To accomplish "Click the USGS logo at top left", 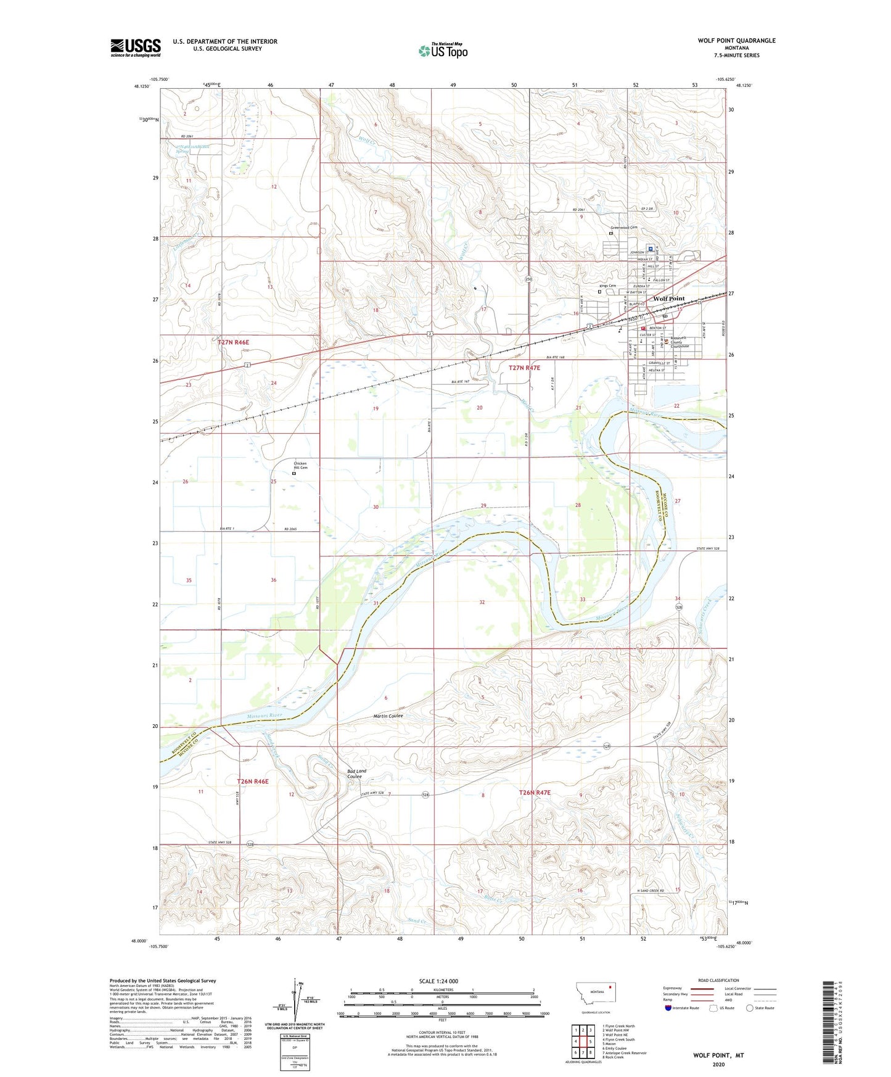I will (135, 47).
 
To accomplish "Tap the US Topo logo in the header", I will (443, 51).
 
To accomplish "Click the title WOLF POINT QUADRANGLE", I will (736, 41).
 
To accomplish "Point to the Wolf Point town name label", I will (669, 299).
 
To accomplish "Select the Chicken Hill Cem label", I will (300, 466).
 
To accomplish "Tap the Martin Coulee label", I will (388, 716).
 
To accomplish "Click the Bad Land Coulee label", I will (356, 774).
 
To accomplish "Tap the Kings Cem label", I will (608, 286).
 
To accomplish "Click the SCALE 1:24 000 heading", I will (438, 981).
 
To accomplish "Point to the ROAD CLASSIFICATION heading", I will (718, 980).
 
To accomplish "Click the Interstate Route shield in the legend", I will (669, 1008).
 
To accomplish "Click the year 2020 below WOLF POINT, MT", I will (718, 1064).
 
